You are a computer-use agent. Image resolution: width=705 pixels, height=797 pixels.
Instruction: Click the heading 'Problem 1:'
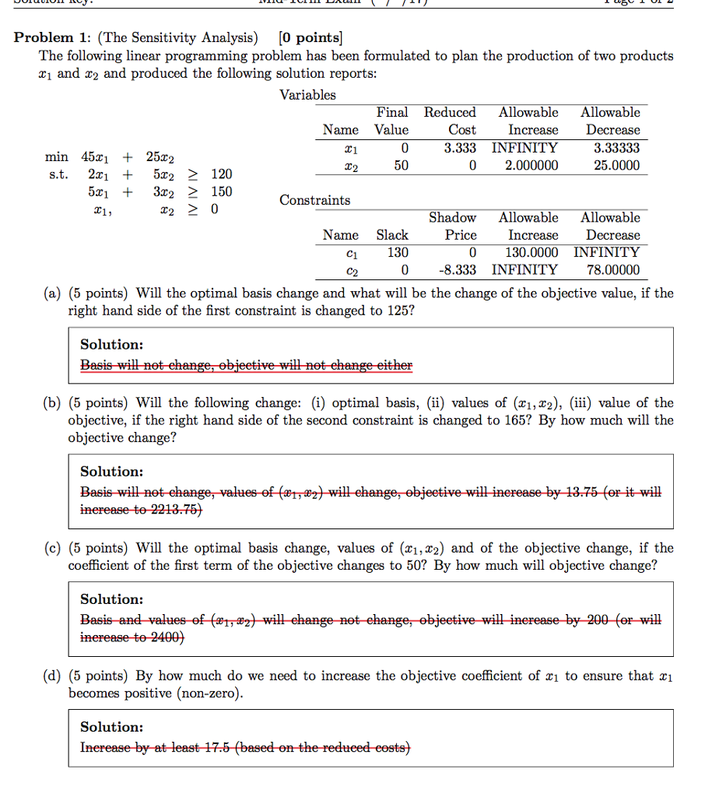[x=51, y=37]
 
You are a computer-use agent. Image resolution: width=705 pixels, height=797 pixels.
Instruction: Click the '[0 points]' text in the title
[x=310, y=37]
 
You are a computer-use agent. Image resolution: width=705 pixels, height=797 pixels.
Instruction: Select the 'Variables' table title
[x=307, y=95]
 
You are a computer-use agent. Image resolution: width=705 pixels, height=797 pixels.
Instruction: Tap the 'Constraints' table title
[x=314, y=200]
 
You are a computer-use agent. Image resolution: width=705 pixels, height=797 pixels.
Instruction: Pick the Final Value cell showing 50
[x=400, y=165]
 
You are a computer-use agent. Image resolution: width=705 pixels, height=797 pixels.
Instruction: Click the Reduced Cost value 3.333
[x=460, y=148]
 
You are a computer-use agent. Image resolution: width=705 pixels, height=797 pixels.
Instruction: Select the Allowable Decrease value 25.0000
[x=614, y=165]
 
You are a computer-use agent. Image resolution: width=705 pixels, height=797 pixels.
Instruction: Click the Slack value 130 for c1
[x=398, y=252]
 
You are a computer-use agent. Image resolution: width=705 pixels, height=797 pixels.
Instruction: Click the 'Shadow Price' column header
[x=453, y=226]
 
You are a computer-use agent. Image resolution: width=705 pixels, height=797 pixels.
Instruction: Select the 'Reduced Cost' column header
[x=450, y=121]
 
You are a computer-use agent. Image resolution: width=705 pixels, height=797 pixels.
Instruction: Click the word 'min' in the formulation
[x=56, y=156]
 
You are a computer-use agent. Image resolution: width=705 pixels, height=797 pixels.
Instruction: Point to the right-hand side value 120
[x=221, y=174]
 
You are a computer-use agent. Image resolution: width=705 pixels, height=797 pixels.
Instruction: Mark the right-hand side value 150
[x=221, y=191]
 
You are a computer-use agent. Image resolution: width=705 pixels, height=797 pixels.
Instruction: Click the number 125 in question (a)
[x=392, y=311]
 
